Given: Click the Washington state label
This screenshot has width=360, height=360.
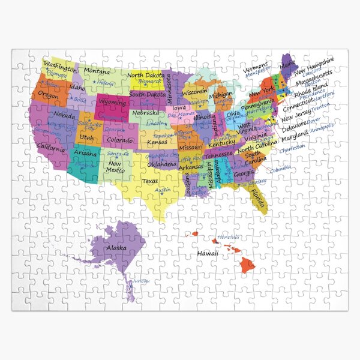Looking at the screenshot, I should click(x=59, y=65).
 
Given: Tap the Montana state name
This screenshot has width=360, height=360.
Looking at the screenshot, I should click(x=97, y=71).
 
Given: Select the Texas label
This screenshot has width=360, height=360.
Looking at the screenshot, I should click(x=150, y=181).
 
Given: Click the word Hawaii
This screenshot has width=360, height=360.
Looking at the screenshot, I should click(x=208, y=254).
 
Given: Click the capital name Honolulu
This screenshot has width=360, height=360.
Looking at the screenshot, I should click(x=228, y=238).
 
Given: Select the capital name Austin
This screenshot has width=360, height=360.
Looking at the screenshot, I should click(x=163, y=190).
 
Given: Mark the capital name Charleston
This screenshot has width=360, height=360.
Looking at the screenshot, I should click(x=292, y=146).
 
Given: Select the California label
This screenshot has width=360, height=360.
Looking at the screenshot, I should click(x=51, y=147).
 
